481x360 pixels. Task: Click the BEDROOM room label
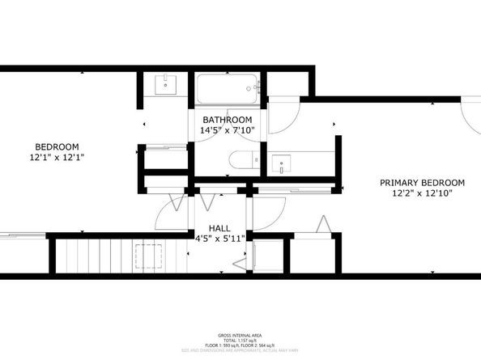[x=49, y=146]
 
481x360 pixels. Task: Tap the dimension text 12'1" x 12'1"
[x=49, y=158]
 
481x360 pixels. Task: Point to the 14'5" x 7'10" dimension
[x=227, y=130]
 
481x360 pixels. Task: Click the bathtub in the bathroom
[x=227, y=87]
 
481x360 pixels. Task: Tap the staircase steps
[x=105, y=257]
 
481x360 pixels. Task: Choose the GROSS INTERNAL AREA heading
[x=240, y=333]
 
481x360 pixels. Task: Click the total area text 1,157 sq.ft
[x=240, y=340]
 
